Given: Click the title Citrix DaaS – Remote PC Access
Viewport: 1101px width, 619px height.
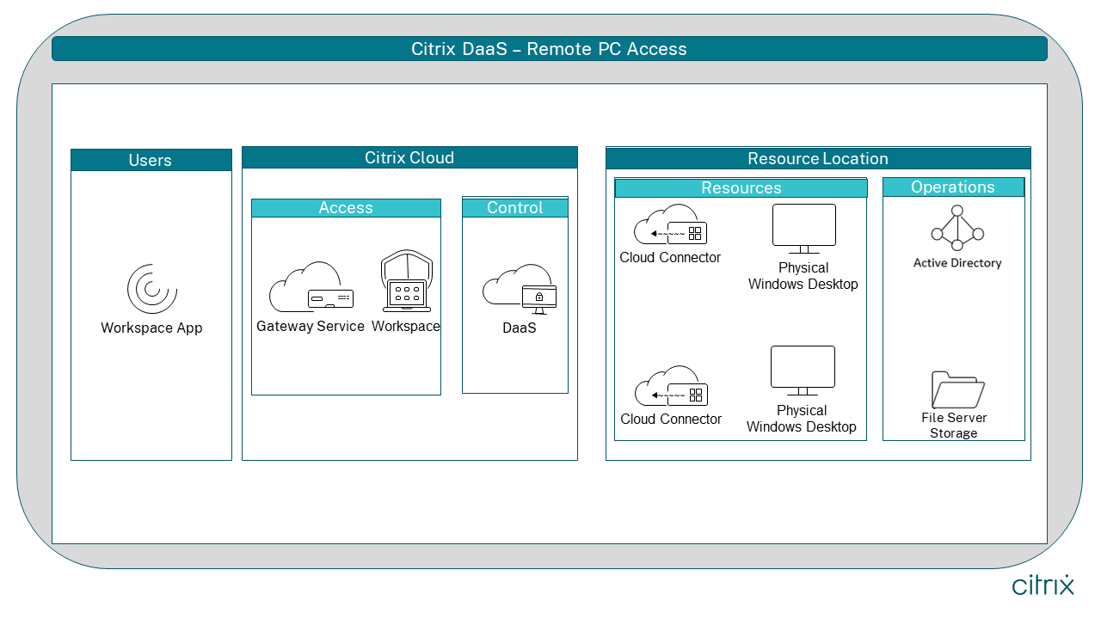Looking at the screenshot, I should click(549, 49).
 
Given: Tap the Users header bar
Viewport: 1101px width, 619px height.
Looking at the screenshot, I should click(151, 160).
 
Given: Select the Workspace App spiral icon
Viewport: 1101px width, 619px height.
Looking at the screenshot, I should click(151, 289).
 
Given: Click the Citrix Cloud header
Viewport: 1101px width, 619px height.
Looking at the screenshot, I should click(409, 157).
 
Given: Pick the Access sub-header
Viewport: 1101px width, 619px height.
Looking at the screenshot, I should click(346, 208).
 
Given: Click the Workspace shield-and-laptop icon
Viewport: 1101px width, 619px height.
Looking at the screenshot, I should click(406, 283).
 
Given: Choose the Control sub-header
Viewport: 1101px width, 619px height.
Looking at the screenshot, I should click(515, 207).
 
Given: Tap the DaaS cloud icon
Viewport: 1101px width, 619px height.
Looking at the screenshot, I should click(519, 288).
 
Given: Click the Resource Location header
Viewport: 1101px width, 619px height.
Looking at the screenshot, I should click(818, 158).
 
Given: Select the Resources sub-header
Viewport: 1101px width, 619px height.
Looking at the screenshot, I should click(741, 188).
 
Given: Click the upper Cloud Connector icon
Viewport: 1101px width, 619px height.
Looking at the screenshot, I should click(670, 225).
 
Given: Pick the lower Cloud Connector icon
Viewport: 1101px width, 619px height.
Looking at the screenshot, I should click(671, 387).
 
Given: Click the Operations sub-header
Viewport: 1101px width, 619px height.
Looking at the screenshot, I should click(953, 187).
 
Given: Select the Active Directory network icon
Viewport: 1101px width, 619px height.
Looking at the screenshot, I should click(956, 226).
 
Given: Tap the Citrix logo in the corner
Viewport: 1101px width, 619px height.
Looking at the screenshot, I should click(1043, 585).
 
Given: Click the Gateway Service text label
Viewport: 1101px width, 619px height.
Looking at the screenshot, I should click(311, 327).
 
